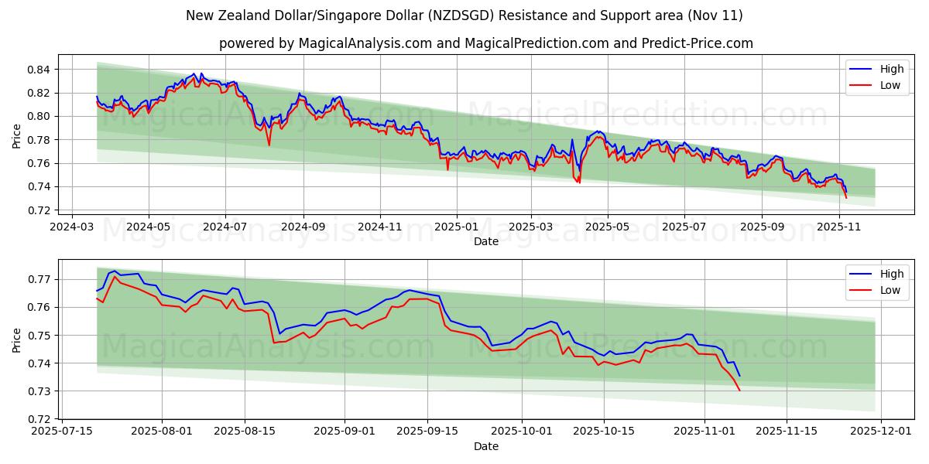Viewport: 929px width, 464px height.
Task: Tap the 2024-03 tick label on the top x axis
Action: point(72,228)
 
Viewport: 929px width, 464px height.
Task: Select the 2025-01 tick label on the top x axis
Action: point(456,228)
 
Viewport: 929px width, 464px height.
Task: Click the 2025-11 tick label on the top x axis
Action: point(840,228)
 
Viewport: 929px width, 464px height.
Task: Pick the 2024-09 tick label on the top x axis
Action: point(303,228)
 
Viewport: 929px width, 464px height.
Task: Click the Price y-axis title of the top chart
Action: point(17,136)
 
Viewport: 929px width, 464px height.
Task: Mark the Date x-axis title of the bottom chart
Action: point(485,447)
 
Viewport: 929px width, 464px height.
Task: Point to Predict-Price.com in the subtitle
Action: point(697,43)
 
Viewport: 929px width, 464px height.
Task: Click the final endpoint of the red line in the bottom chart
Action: point(739,390)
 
